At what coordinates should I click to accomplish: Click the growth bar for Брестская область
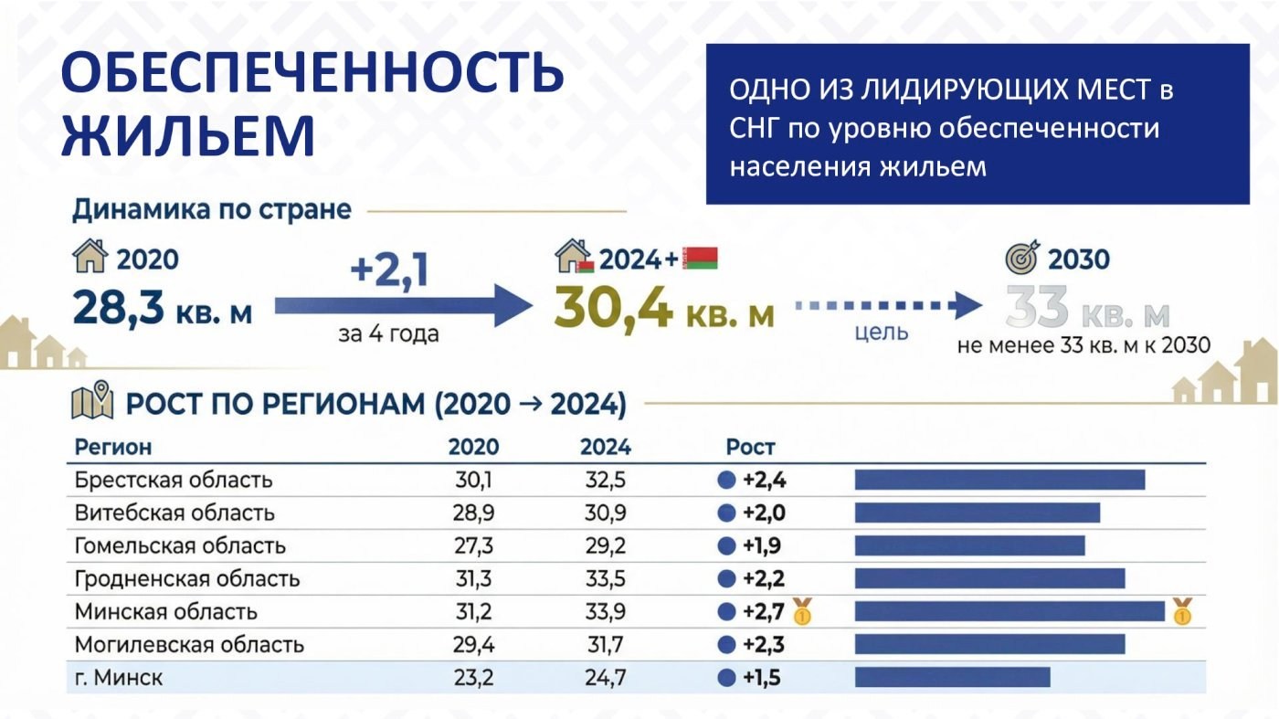click(x=999, y=480)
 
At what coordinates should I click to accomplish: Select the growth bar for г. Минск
click(x=952, y=677)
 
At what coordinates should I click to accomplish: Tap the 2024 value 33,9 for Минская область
click(x=605, y=611)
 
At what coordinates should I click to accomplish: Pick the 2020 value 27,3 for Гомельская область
click(x=473, y=546)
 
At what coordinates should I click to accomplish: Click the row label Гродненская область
click(x=187, y=579)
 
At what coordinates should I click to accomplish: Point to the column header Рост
click(x=750, y=447)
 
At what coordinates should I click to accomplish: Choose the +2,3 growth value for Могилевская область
click(x=764, y=645)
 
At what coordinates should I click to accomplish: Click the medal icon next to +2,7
click(x=802, y=611)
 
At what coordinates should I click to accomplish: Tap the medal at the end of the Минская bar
click(x=1182, y=611)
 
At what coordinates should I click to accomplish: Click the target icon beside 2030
click(x=1022, y=258)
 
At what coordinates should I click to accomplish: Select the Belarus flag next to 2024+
click(x=701, y=259)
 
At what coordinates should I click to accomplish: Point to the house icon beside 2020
click(x=90, y=256)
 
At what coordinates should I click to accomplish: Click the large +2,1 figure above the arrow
click(x=389, y=271)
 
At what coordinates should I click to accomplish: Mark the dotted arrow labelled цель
click(x=888, y=305)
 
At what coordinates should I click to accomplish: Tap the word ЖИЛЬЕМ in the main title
click(x=188, y=135)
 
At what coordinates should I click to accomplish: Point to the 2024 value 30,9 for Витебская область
click(x=605, y=513)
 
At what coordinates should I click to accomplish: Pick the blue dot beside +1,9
click(x=726, y=546)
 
